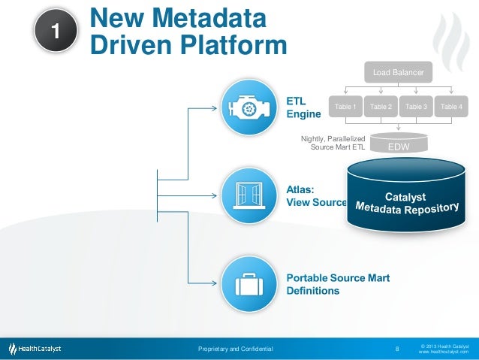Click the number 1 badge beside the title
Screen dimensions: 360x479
click(x=55, y=30)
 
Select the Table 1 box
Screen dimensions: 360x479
click(x=345, y=107)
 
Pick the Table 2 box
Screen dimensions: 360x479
click(x=381, y=107)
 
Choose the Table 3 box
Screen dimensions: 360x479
click(x=416, y=107)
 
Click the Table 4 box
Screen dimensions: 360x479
click(x=451, y=107)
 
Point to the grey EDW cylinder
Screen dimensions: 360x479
click(x=398, y=145)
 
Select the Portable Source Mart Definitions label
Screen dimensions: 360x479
click(x=338, y=284)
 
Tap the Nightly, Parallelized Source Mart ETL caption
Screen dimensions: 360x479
click(x=333, y=143)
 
